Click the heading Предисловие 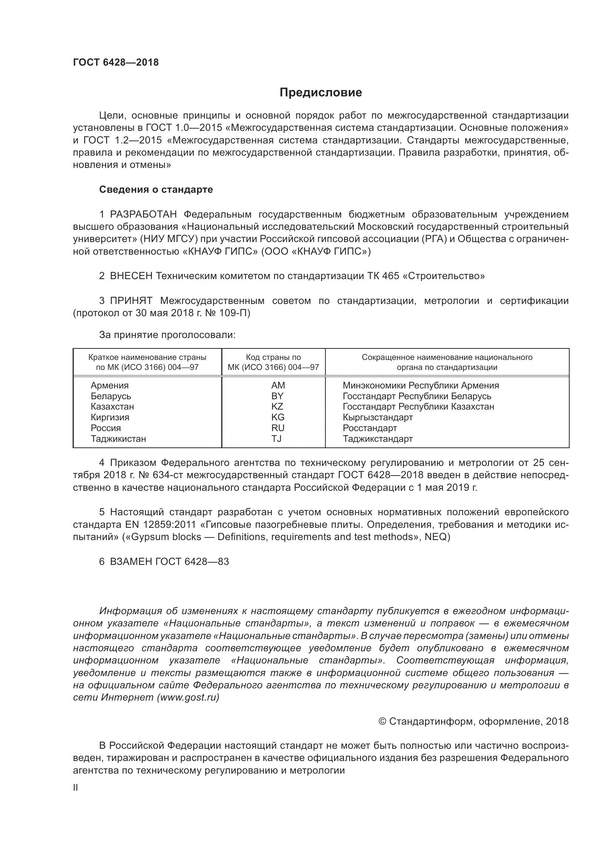click(321, 93)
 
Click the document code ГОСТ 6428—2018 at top click(116, 62)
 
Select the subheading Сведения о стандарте click(156, 189)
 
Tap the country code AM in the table click(278, 385)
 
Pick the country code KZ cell click(277, 407)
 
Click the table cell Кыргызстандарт click(377, 417)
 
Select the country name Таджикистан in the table click(118, 439)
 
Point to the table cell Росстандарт click(370, 428)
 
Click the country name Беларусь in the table click(110, 396)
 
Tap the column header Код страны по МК click(273, 362)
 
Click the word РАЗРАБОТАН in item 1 click(143, 215)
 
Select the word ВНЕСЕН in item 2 click(131, 276)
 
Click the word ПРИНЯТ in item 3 click(131, 301)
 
